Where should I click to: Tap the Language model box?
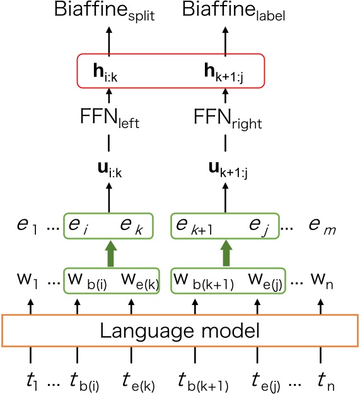(180, 330)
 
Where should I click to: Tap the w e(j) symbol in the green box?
(265, 278)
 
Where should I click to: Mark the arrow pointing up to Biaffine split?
(110, 38)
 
